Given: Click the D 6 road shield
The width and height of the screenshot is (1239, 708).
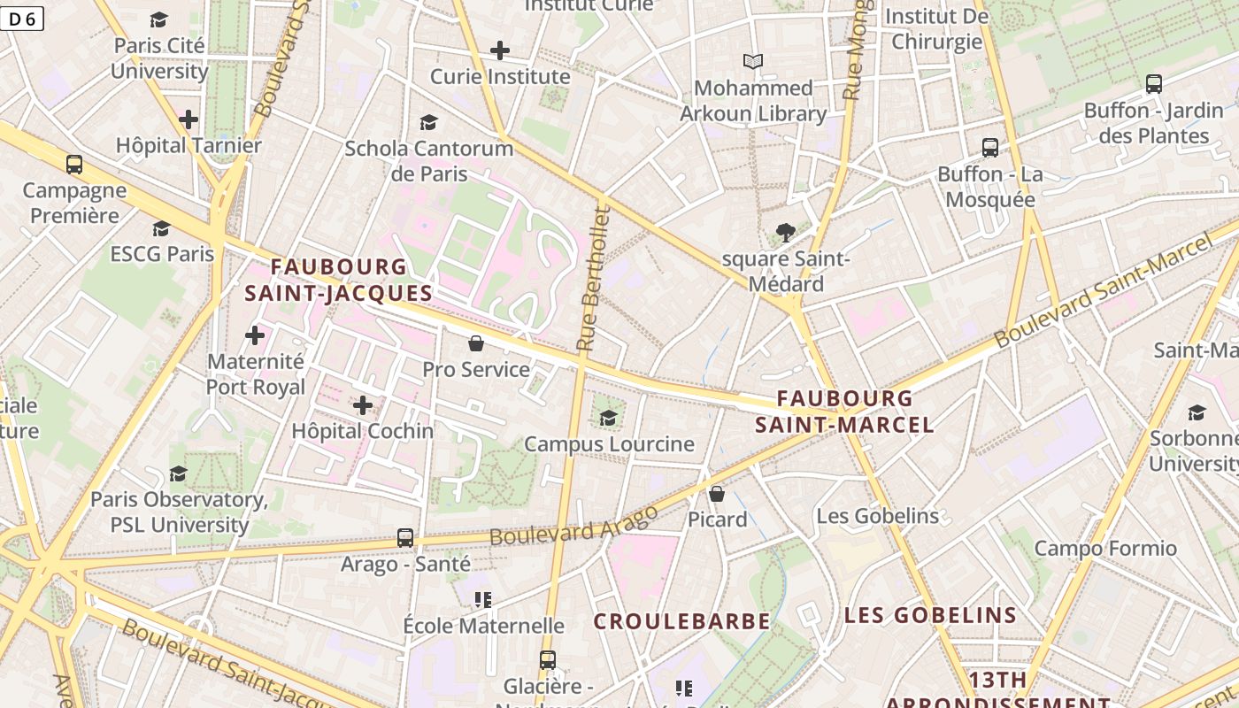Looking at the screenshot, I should coord(22,19).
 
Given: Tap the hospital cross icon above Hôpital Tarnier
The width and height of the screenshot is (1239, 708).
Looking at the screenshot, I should coord(189,119).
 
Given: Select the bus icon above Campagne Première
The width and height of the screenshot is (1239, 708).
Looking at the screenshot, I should coord(74,164).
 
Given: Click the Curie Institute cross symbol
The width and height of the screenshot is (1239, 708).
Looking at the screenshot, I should coord(500,50).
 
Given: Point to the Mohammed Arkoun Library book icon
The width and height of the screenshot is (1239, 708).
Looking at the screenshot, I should coord(753,61).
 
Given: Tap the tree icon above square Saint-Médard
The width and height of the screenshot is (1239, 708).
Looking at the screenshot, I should coord(785,233).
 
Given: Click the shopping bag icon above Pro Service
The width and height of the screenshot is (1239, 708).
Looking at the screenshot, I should coord(476,343).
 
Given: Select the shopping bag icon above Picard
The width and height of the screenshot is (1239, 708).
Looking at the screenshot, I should coord(717,493).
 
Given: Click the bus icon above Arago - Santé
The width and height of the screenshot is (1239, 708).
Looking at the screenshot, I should coord(405,537).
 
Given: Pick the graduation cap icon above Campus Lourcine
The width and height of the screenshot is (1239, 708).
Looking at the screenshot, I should coord(608,418).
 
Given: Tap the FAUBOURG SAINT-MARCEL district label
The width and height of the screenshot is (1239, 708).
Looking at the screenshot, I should coord(844,412).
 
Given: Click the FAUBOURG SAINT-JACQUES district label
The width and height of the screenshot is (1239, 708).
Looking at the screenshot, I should coord(338,280).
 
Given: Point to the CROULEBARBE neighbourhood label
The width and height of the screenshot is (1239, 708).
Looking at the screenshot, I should coord(681,621).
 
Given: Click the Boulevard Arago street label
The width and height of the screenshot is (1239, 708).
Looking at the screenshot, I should coord(573,525).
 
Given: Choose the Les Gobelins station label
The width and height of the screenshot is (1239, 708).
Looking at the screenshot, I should coord(877,516).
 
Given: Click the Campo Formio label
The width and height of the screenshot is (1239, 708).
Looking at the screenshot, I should coord(1105,549).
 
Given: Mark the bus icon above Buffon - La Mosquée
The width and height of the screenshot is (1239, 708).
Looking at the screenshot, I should coord(990,148).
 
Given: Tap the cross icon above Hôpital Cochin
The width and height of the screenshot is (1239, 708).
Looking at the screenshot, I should coord(363,405).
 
